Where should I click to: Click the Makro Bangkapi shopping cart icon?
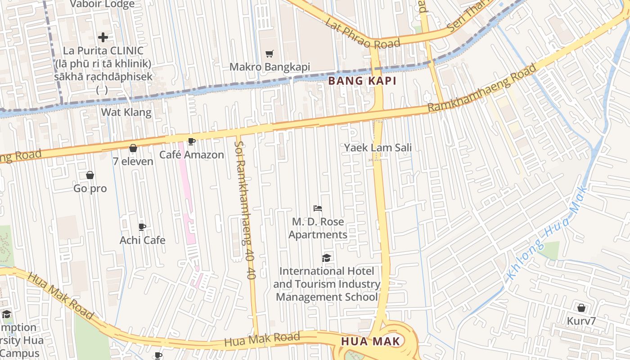[269, 54]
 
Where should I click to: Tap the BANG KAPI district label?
[362, 81]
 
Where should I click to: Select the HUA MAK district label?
[370, 341]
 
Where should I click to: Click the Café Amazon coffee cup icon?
[191, 142]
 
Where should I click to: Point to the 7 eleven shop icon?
[133, 148]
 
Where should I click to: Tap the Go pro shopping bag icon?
[90, 175]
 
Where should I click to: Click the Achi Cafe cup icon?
[142, 227]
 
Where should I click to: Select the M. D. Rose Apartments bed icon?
[318, 208]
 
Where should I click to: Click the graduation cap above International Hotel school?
[326, 258]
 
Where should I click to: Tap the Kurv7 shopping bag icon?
[581, 308]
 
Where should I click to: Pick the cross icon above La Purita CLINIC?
[103, 37]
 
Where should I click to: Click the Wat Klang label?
[126, 112]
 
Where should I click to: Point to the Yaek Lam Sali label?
[378, 148]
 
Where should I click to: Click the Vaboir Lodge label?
[103, 4]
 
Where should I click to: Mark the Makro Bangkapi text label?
[270, 67]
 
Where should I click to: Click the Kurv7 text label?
[581, 321]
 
